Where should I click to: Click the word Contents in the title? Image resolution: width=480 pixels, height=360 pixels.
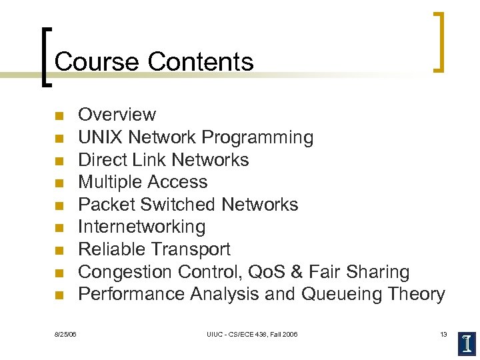pyautogui.click(x=201, y=61)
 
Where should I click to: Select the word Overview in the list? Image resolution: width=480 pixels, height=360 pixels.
pyautogui.click(x=117, y=115)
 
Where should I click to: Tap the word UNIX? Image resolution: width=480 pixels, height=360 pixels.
pyautogui.click(x=101, y=137)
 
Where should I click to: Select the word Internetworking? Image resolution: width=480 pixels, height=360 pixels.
pyautogui.click(x=142, y=227)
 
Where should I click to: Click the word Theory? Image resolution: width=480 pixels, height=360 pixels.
pyautogui.click(x=418, y=294)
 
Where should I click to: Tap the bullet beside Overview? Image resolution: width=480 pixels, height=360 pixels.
pyautogui.click(x=59, y=117)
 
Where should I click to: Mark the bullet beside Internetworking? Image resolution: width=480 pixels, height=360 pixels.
pyautogui.click(x=59, y=228)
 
